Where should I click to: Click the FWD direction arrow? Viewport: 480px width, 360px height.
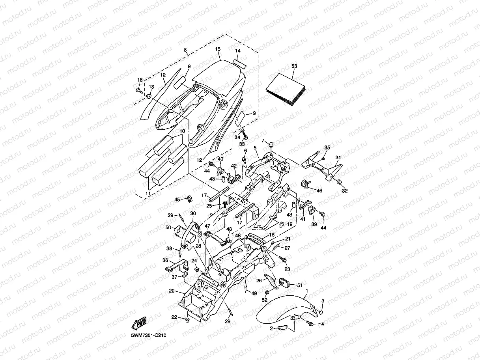tap(139, 323)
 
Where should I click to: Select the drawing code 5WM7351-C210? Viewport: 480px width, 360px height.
tap(149, 335)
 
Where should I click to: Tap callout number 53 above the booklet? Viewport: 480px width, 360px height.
tap(294, 66)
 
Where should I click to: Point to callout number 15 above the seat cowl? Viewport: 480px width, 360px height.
tap(218, 49)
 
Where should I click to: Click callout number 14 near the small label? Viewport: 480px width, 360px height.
tap(238, 51)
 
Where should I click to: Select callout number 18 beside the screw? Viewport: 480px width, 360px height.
tap(140, 80)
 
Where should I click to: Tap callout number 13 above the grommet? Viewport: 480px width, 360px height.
tap(151, 87)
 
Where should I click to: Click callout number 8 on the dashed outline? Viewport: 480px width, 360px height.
tap(185, 50)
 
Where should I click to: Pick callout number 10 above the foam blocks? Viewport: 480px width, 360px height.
tap(182, 131)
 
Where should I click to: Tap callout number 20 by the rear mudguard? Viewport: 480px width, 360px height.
tap(172, 291)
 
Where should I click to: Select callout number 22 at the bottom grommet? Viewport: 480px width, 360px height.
tap(174, 317)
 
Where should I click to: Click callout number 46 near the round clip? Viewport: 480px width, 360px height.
tap(319, 190)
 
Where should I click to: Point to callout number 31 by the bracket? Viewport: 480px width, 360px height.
tap(338, 157)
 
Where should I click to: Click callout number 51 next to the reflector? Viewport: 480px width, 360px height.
tap(300, 285)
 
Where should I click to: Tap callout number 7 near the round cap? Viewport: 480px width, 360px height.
tap(263, 140)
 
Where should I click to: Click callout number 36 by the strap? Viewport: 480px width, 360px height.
tap(165, 260)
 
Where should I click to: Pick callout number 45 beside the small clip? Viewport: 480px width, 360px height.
tap(177, 200)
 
